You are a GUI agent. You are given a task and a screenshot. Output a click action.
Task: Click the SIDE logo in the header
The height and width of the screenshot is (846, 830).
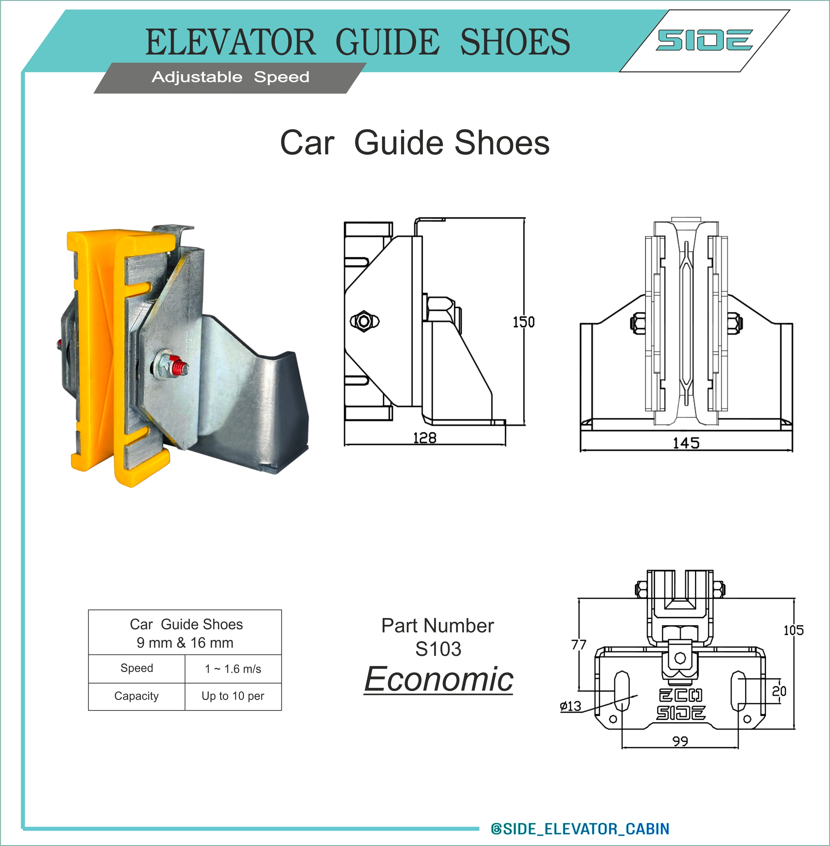pyautogui.click(x=705, y=40)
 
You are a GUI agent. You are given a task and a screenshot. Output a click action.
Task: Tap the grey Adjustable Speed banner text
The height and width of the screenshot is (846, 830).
pyautogui.click(x=230, y=77)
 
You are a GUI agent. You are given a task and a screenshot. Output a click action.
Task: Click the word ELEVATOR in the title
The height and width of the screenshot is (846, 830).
pyautogui.click(x=230, y=42)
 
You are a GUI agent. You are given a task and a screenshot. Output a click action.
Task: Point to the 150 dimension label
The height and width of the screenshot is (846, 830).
pyautogui.click(x=524, y=322)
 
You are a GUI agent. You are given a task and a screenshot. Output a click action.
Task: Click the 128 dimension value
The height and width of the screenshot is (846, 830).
pyautogui.click(x=425, y=437)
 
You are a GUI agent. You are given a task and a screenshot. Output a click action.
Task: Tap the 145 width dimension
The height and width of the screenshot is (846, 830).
pyautogui.click(x=686, y=443)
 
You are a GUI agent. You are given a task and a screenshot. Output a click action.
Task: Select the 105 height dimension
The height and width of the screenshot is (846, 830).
pyautogui.click(x=794, y=630)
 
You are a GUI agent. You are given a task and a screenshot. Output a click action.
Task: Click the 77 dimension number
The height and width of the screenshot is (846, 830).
pyautogui.click(x=579, y=645)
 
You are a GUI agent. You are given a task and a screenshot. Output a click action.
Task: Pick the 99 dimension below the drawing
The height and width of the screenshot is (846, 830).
pyautogui.click(x=680, y=741)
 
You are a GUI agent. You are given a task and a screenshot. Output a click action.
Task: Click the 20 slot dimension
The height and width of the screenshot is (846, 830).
pyautogui.click(x=779, y=691)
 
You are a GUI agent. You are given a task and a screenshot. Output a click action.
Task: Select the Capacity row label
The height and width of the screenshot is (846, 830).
pyautogui.click(x=136, y=696)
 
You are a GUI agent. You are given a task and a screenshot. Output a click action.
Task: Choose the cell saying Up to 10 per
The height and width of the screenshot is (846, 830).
pyautogui.click(x=233, y=696)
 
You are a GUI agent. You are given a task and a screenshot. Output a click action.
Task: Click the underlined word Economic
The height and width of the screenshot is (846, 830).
pyautogui.click(x=439, y=679)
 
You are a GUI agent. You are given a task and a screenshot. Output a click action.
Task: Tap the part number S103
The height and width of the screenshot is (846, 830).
pyautogui.click(x=438, y=649)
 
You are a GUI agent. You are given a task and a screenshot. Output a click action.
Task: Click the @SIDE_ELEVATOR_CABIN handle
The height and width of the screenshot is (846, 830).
pyautogui.click(x=580, y=829)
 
